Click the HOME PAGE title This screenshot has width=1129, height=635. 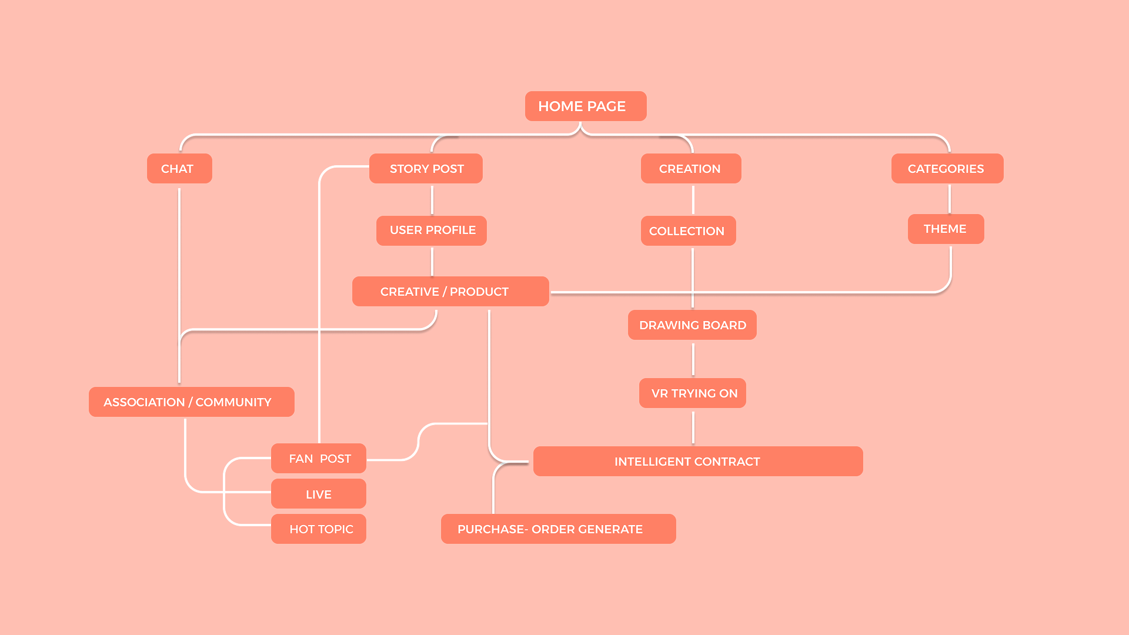(582, 106)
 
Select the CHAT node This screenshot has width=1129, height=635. (177, 169)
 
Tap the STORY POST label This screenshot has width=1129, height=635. (427, 169)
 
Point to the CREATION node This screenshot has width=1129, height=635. (690, 169)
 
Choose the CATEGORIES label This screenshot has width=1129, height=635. (946, 169)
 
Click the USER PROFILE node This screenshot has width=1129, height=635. (433, 230)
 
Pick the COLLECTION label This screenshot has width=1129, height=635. (687, 231)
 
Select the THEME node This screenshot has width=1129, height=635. (945, 229)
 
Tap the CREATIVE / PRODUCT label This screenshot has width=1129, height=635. (445, 292)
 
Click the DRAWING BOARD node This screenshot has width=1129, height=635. (693, 325)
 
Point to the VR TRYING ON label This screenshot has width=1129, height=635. (694, 393)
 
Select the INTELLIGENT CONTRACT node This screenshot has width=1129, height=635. (687, 462)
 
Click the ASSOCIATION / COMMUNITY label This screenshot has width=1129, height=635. (188, 402)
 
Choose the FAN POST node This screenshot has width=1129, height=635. (320, 459)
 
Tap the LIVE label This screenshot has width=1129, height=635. (319, 494)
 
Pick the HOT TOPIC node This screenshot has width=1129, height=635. (321, 529)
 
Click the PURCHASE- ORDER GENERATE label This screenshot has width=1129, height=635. (550, 529)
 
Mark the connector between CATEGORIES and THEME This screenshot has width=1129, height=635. (950, 199)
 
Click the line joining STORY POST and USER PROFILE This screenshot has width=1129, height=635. (432, 200)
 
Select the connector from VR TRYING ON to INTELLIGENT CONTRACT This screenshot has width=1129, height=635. (693, 427)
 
